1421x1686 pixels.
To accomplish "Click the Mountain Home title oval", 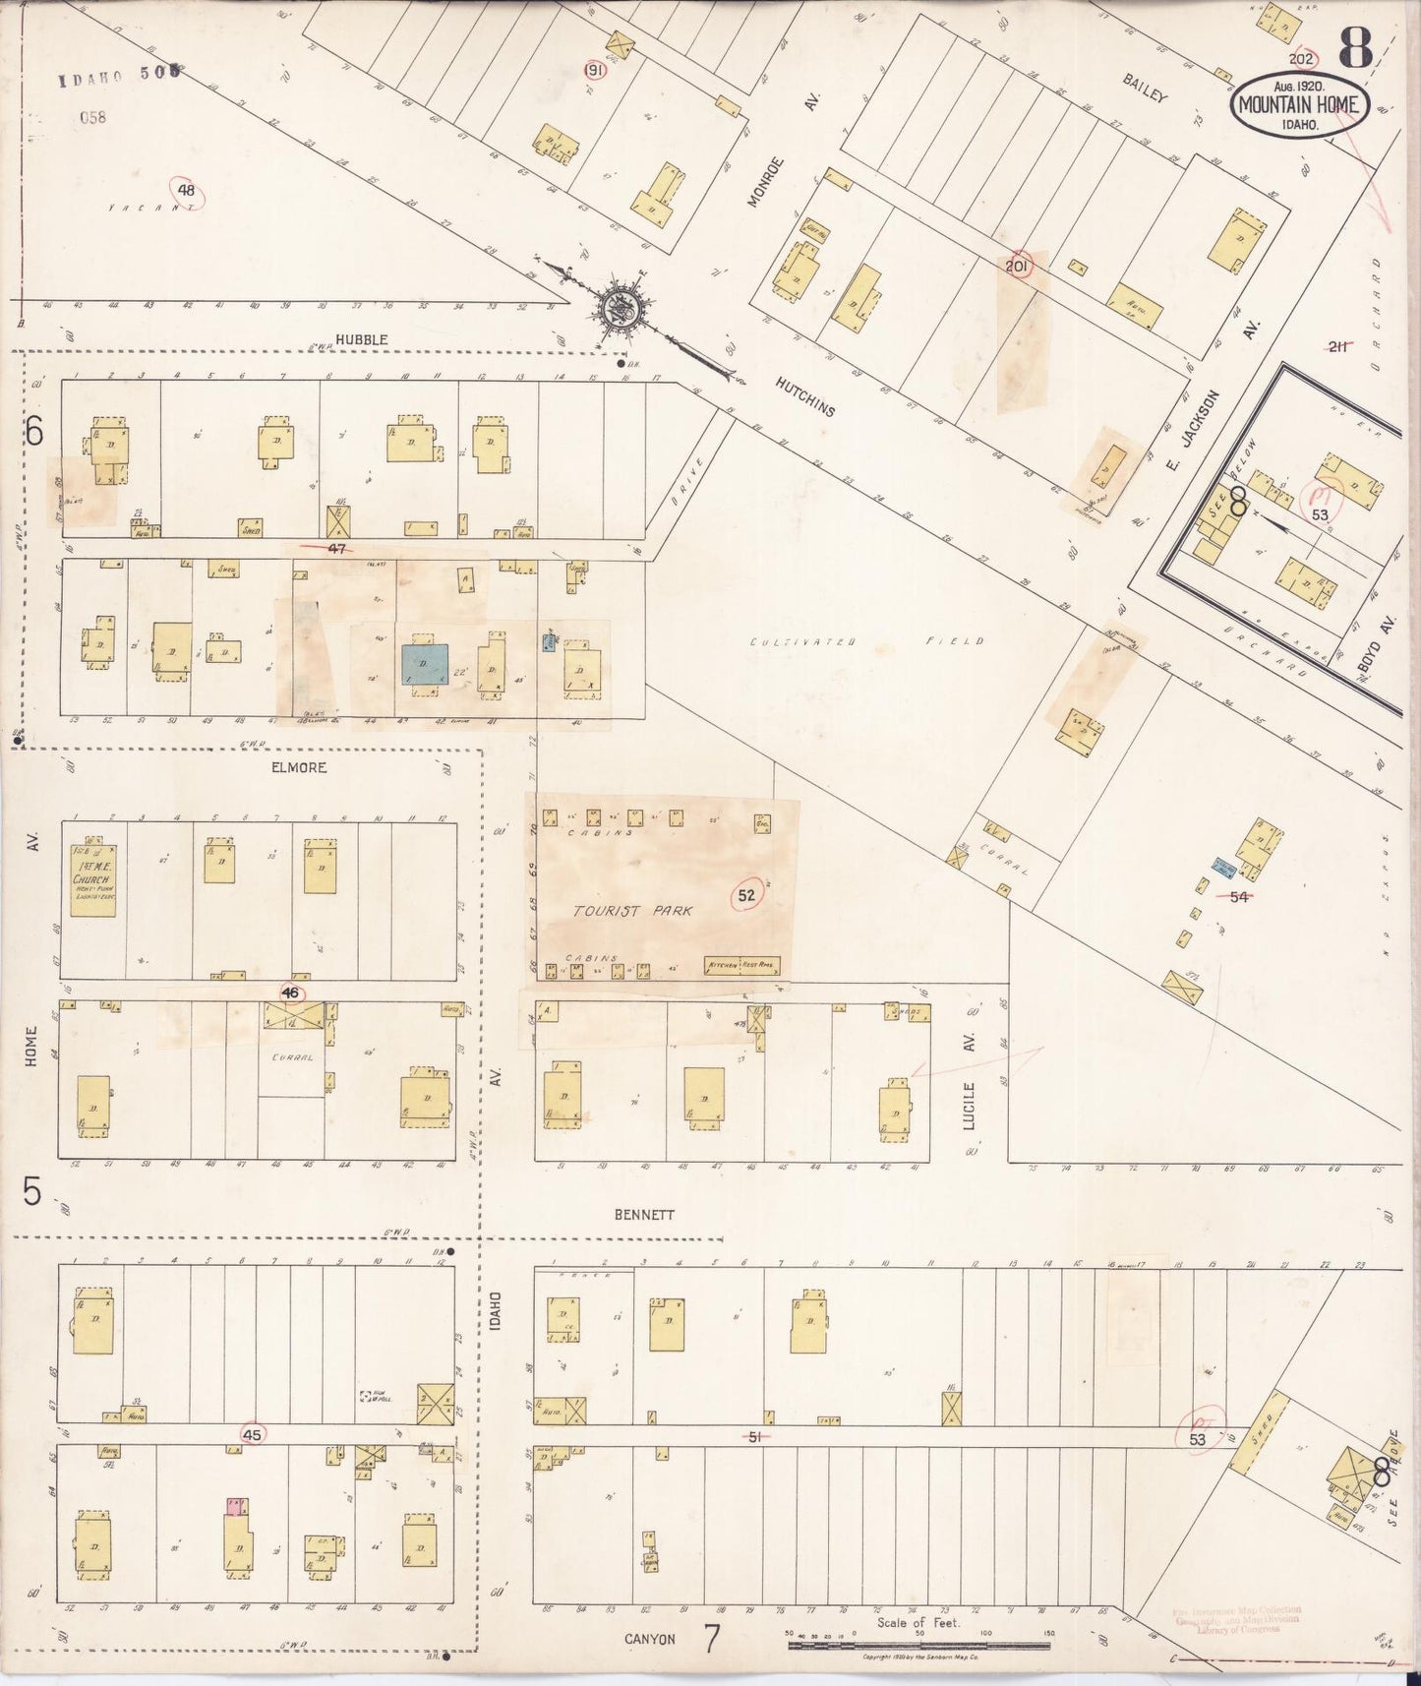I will (x=1298, y=104).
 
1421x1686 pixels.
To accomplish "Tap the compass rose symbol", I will (x=622, y=307).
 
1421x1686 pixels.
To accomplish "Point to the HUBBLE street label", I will (x=361, y=339).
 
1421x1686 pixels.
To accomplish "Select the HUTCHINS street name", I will (x=803, y=396).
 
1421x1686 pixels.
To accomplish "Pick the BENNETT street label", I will (x=644, y=1215).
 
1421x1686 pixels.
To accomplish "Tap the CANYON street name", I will (x=650, y=1639).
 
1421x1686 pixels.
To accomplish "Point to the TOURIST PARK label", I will (x=633, y=911).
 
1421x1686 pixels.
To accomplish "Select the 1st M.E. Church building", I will (x=93, y=879).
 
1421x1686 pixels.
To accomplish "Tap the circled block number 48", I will (x=186, y=191).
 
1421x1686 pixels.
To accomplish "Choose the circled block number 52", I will (x=747, y=895).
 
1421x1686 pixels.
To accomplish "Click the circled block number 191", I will (x=594, y=71).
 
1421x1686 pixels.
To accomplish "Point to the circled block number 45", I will (x=252, y=1435).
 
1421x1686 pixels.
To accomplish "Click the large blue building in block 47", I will (x=424, y=664).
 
